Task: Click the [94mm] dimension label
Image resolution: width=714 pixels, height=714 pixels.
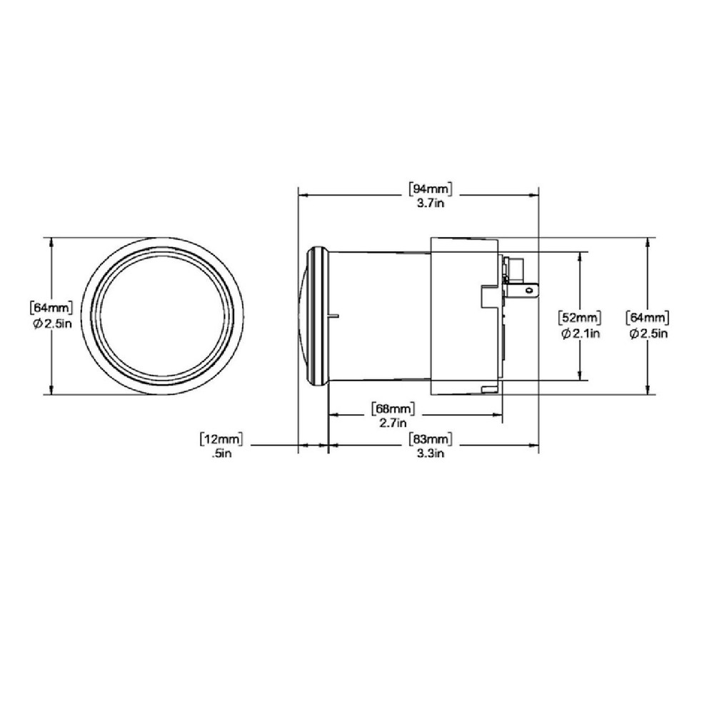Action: [431, 188]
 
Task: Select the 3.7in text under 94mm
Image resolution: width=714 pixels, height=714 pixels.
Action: [431, 203]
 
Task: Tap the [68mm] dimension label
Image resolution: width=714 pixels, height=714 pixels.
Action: [393, 408]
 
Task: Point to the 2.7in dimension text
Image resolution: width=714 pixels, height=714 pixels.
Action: [393, 423]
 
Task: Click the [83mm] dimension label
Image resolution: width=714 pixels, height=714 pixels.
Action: [431, 439]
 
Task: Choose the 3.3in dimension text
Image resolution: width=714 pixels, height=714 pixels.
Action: [431, 454]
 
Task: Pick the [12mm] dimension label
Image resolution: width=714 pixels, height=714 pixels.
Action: [221, 439]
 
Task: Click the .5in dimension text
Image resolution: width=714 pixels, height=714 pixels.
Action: [222, 454]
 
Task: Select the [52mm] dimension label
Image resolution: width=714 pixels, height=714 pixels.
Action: [580, 317]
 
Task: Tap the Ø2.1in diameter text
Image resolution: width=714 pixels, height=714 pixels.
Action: [580, 333]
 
